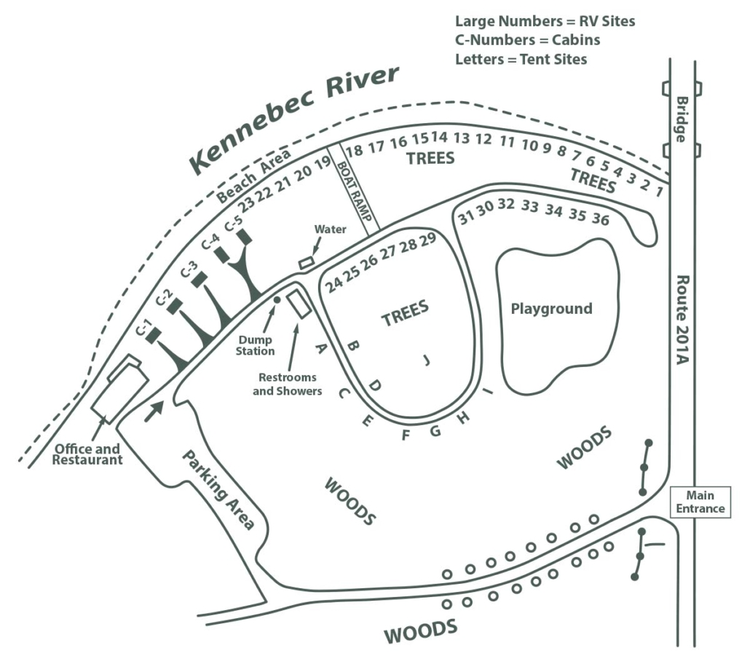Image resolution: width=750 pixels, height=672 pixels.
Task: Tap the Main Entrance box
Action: pos(700,502)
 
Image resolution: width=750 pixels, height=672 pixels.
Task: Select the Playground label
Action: pos(551,309)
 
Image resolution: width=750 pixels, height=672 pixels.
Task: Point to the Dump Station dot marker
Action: pos(276,299)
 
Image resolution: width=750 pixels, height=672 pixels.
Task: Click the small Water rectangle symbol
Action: pos(307,261)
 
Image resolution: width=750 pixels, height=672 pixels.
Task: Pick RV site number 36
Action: pos(601,218)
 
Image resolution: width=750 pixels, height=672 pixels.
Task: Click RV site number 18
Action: pos(355,151)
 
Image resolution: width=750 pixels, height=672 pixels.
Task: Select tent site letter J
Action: pos(427,359)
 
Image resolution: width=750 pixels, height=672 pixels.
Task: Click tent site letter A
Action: pos(318,348)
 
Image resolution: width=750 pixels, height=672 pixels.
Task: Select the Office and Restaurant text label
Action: pos(87,454)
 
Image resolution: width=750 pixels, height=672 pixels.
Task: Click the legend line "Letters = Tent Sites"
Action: pos(521,59)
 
